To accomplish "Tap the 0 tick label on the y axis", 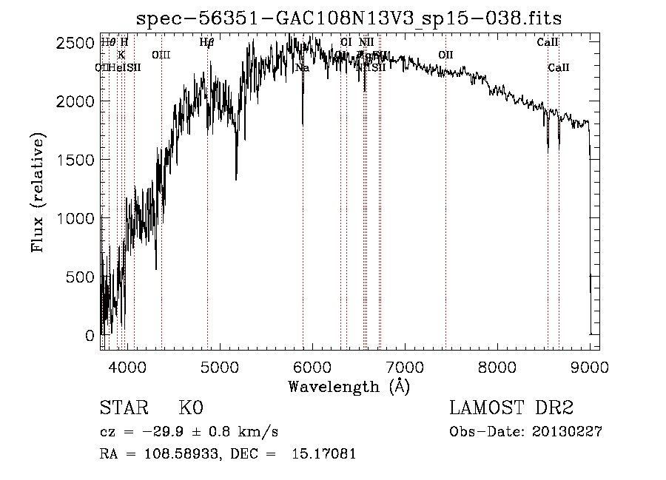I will (x=90, y=335).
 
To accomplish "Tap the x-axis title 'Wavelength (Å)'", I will (x=349, y=386).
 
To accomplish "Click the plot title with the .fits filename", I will (x=354, y=17).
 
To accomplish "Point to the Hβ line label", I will (x=206, y=42).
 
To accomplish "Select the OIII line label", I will (x=161, y=55).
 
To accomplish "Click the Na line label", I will (x=302, y=68).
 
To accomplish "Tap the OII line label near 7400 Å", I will (x=445, y=55).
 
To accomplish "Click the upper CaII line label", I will (x=548, y=42).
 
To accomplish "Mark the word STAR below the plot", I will (x=123, y=408).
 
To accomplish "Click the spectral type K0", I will (x=191, y=408).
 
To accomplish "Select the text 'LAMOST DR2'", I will (x=511, y=408).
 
